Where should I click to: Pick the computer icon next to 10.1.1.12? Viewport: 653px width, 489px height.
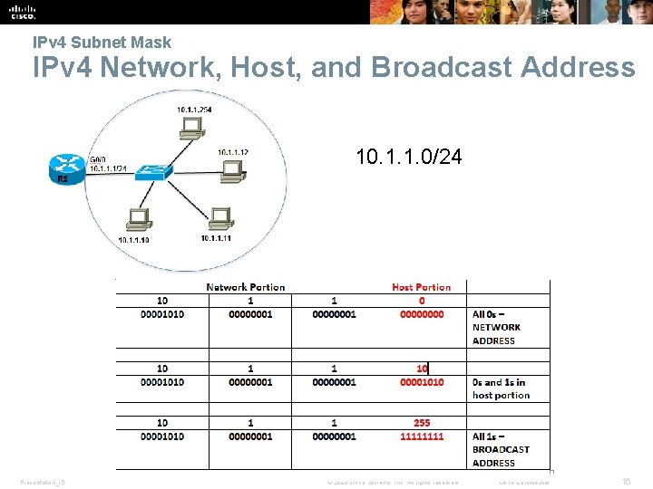pyautogui.click(x=231, y=168)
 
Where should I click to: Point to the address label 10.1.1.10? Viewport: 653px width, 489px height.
pyautogui.click(x=133, y=240)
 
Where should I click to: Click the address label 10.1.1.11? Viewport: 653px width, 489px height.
pyautogui.click(x=216, y=238)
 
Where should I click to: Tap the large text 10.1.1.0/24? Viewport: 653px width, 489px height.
pyautogui.click(x=409, y=158)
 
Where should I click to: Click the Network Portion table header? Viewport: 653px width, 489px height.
pyautogui.click(x=245, y=287)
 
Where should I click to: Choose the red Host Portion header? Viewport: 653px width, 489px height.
pyautogui.click(x=421, y=287)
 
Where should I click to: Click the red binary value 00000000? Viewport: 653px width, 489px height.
pyautogui.click(x=422, y=314)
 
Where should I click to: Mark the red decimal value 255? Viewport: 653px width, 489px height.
pyautogui.click(x=422, y=423)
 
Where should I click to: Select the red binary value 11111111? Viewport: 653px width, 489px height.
pyautogui.click(x=422, y=436)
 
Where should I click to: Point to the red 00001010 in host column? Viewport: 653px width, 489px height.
pyautogui.click(x=422, y=382)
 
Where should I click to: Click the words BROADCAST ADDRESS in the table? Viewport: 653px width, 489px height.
pyautogui.click(x=501, y=455)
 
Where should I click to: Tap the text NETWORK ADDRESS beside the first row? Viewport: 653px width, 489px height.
pyautogui.click(x=496, y=334)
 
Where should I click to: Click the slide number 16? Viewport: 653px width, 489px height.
pyautogui.click(x=626, y=482)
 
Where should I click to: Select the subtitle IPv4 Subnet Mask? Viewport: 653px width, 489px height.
pyautogui.click(x=102, y=42)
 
